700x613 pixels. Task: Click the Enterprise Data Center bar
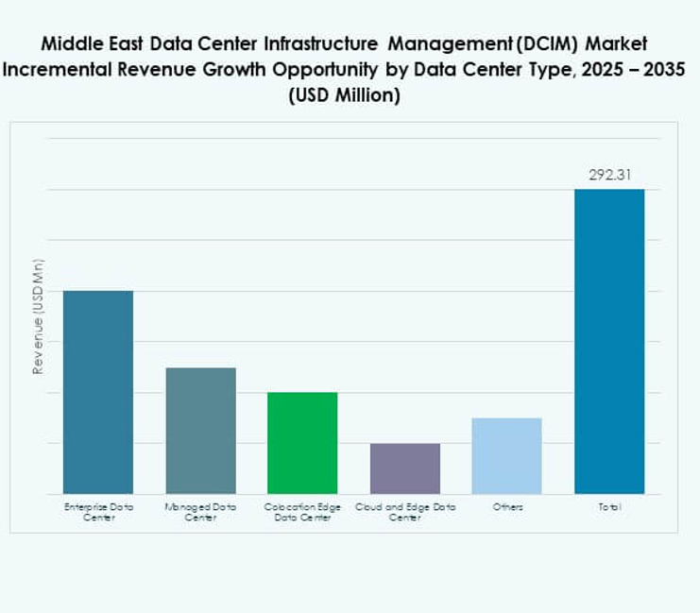[x=97, y=391]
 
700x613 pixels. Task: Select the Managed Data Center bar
[x=200, y=430]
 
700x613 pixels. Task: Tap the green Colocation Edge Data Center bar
[x=302, y=442]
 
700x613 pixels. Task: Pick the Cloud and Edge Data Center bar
[x=404, y=468]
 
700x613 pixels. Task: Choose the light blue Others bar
[x=506, y=455]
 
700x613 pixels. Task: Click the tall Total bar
[x=609, y=341]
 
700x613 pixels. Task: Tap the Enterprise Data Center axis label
[x=98, y=512]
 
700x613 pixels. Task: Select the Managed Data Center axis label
[x=200, y=512]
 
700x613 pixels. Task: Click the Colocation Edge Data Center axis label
[x=302, y=512]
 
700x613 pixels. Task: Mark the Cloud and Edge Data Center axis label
[x=405, y=512]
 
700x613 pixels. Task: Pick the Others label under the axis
[x=506, y=507]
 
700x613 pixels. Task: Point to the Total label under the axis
[x=609, y=507]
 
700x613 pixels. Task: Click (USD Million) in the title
[x=350, y=96]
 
